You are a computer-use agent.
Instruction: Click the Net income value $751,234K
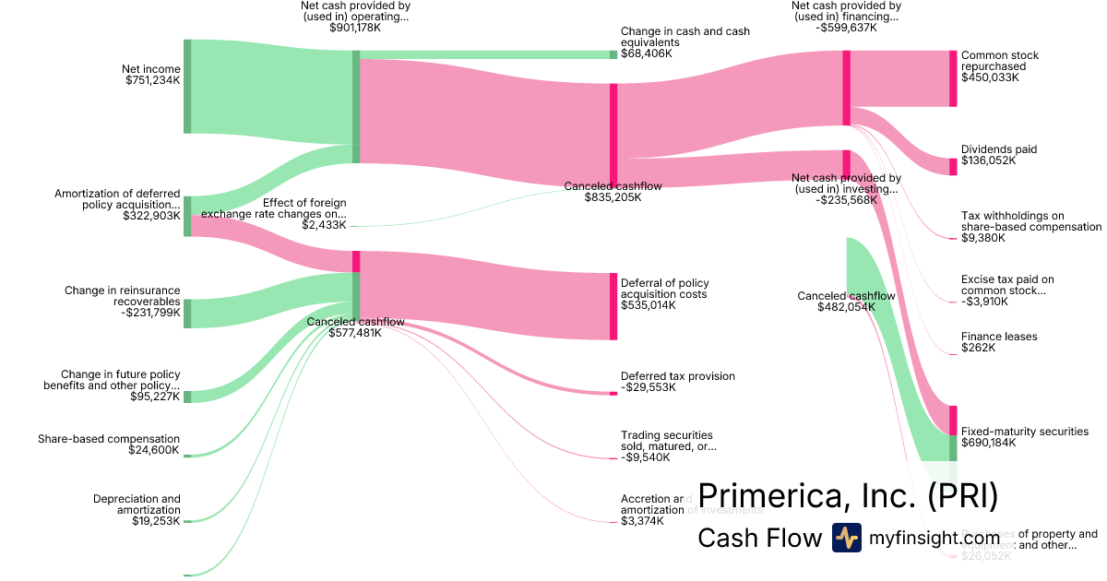pyautogui.click(x=152, y=80)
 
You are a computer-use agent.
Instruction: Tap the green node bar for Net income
pyautogui.click(x=187, y=87)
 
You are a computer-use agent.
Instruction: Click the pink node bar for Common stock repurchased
pyautogui.click(x=954, y=78)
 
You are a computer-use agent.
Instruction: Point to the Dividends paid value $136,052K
pyautogui.click(x=988, y=160)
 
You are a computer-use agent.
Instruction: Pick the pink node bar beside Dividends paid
pyautogui.click(x=954, y=166)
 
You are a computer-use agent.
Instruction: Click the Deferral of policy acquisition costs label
pyautogui.click(x=663, y=289)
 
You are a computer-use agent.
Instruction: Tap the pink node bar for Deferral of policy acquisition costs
pyautogui.click(x=613, y=306)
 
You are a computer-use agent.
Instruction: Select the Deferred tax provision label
pyautogui.click(x=677, y=376)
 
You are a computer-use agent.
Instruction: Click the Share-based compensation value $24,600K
pyautogui.click(x=155, y=450)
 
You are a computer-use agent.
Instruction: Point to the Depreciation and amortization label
pyautogui.click(x=137, y=504)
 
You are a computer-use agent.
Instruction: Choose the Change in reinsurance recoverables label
pyautogui.click(x=122, y=296)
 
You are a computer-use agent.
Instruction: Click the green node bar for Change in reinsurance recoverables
pyautogui.click(x=187, y=314)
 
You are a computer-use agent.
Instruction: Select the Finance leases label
pyautogui.click(x=999, y=337)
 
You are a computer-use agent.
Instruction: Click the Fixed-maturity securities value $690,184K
pyautogui.click(x=988, y=443)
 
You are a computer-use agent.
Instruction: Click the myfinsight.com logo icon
pyautogui.click(x=846, y=538)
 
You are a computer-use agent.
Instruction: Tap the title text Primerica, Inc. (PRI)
pyautogui.click(x=848, y=495)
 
